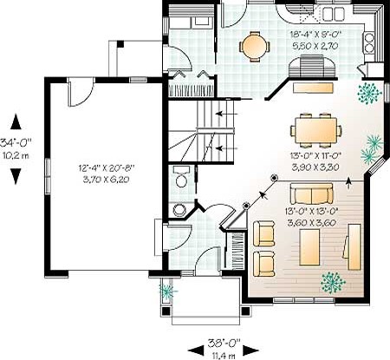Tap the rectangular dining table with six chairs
[x=316, y=130]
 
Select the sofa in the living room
[x=311, y=193]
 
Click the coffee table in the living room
[x=309, y=247]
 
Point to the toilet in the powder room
[x=182, y=176]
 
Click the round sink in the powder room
[x=180, y=210]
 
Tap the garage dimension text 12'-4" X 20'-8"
[x=107, y=167]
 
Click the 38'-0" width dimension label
[x=224, y=343]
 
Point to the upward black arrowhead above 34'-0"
[x=16, y=121]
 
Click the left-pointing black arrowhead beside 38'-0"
[x=196, y=350]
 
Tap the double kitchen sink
[x=334, y=14]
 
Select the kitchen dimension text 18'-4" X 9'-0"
[x=315, y=35]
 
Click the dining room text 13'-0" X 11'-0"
[x=315, y=156]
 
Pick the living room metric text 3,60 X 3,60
[x=311, y=223]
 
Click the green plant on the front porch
[x=167, y=291]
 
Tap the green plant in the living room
[x=333, y=283]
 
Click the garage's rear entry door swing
[x=81, y=92]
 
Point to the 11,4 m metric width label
[x=224, y=355]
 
